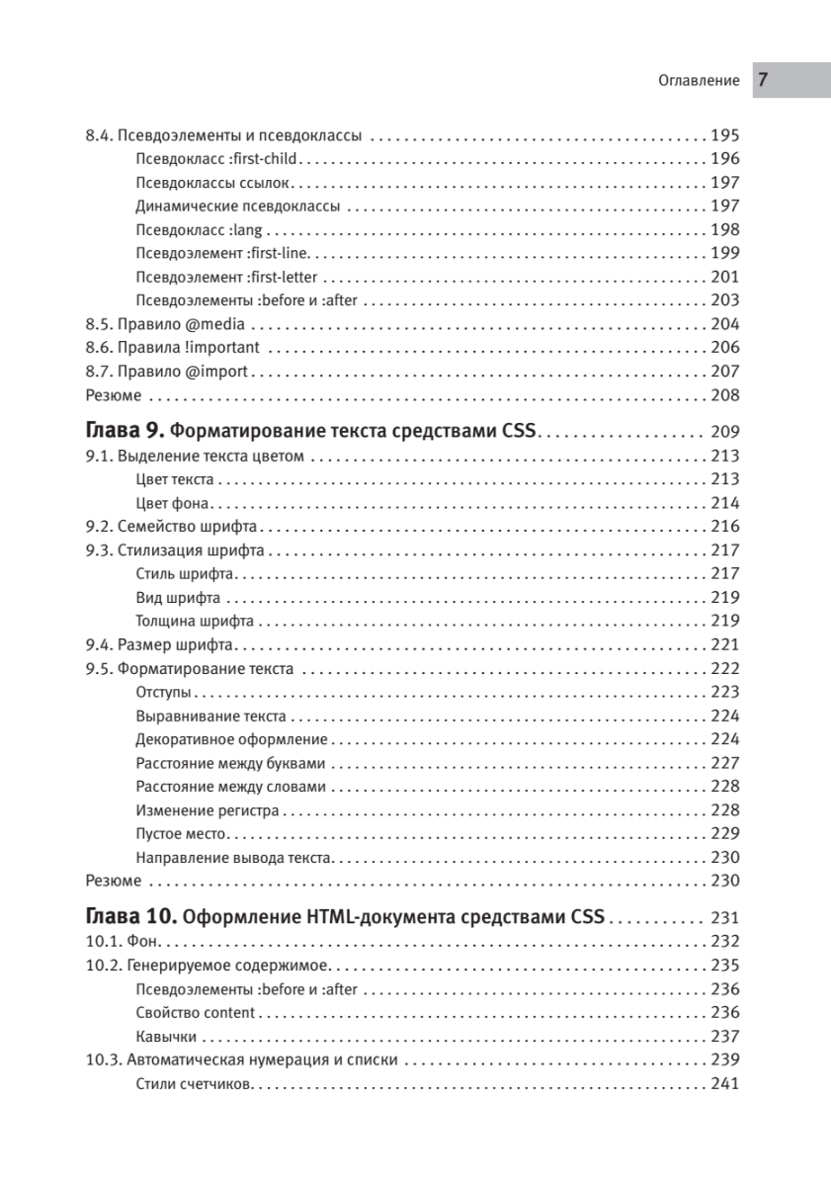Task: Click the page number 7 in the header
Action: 765,80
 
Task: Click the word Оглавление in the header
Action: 699,81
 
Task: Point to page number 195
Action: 724,135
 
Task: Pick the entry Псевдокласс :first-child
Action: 216,159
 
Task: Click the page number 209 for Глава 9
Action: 724,432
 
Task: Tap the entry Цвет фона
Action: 173,503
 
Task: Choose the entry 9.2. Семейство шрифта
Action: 172,527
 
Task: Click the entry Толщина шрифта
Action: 195,622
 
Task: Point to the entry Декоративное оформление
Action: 231,739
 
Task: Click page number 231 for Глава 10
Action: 724,916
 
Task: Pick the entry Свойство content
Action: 196,1012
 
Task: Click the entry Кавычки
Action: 165,1036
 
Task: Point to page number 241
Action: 724,1084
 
